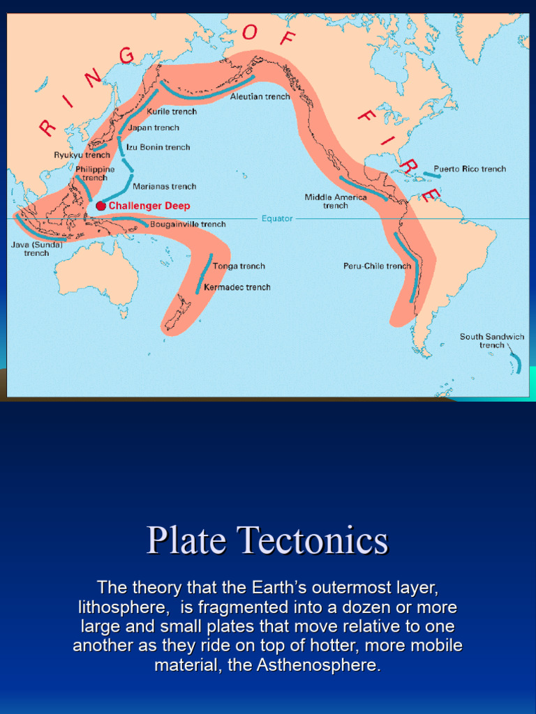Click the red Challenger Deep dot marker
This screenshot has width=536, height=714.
[x=100, y=206]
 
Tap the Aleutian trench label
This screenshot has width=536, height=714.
[x=260, y=97]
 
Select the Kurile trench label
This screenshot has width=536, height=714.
[x=172, y=112]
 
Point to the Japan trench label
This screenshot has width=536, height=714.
[x=154, y=128]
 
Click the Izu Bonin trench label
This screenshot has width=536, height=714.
[x=158, y=147]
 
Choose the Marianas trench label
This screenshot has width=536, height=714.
[x=165, y=186]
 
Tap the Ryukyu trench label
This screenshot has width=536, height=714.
[x=82, y=155]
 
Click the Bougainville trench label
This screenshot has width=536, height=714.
[x=188, y=225]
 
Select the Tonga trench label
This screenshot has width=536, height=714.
[x=239, y=266]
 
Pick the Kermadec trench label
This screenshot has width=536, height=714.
[x=237, y=287]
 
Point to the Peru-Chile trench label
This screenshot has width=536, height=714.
[x=377, y=266]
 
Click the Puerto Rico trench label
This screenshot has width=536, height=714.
[x=470, y=169]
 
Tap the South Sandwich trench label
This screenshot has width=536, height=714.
[x=491, y=341]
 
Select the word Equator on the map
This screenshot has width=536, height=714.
[x=277, y=218]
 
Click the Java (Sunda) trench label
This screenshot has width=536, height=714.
[x=37, y=249]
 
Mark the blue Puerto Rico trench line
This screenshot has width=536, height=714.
[x=433, y=175]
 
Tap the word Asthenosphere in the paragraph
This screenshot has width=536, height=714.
[x=318, y=665]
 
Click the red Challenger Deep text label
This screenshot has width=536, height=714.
[x=149, y=206]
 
